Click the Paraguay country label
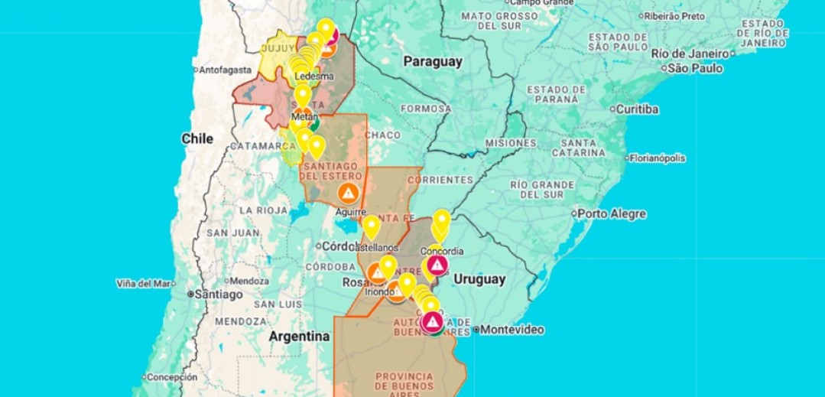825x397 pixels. point(433,62)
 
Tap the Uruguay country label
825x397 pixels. point(479,279)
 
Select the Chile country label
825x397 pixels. point(197,138)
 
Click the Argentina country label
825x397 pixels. point(299,337)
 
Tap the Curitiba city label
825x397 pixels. point(637,109)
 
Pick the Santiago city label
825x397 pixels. point(218,294)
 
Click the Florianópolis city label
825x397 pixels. point(658,158)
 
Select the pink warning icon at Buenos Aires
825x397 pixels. point(432,321)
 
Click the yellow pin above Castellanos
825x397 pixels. point(371,226)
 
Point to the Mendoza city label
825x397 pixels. point(248,281)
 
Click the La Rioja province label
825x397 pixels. point(262,210)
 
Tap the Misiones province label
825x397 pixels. point(510,143)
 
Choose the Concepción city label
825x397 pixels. point(171,377)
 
